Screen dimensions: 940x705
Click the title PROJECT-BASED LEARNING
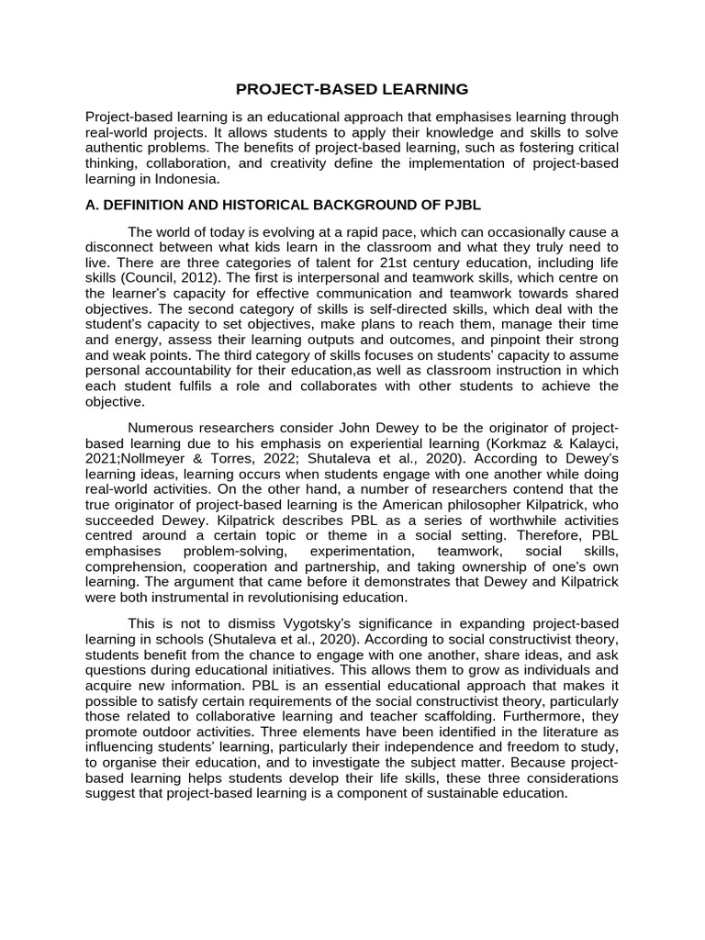click(x=352, y=89)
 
